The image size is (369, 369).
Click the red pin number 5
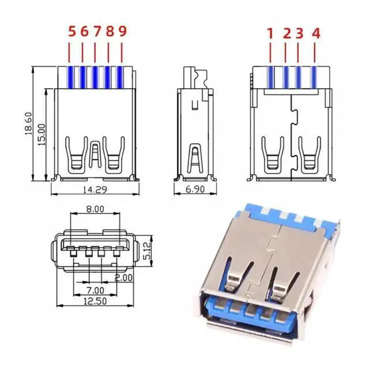pyautogui.click(x=72, y=32)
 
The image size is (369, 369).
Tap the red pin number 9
pyautogui.click(x=122, y=32)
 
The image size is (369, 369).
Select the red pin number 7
pyautogui.click(x=97, y=32)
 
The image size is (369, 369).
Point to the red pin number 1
pyautogui.click(x=270, y=33)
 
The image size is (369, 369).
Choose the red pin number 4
pyautogui.click(x=316, y=33)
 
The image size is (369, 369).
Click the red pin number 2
pyautogui.click(x=287, y=33)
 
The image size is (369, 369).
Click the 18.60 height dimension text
pyautogui.click(x=28, y=123)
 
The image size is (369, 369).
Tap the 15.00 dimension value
pyautogui.click(x=42, y=134)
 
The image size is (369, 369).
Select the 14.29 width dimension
pyautogui.click(x=95, y=190)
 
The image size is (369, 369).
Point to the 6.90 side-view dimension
pyautogui.click(x=195, y=189)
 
